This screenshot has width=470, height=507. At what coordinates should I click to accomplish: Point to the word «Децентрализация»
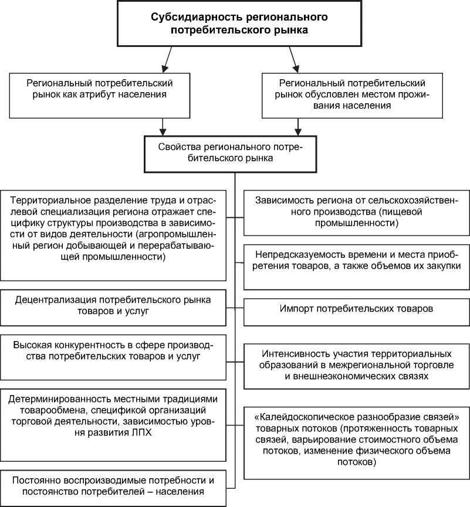tap(59, 300)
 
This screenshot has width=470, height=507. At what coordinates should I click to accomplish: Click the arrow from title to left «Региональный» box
tap(167, 58)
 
